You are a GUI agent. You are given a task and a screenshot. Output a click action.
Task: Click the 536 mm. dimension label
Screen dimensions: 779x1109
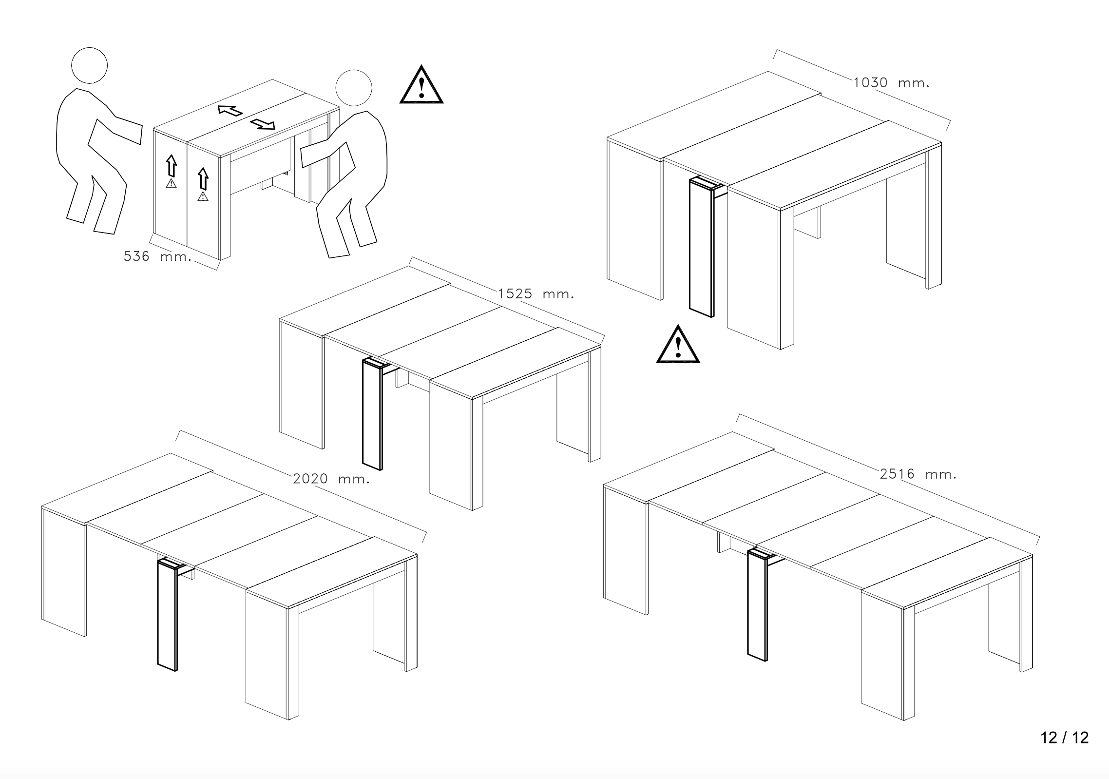pos(157,256)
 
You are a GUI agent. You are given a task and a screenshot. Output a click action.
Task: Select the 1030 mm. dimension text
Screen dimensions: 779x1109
pos(891,83)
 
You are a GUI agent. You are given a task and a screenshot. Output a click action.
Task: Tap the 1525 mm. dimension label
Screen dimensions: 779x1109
pos(535,294)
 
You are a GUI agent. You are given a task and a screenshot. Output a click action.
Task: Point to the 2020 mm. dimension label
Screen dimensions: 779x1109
pos(331,479)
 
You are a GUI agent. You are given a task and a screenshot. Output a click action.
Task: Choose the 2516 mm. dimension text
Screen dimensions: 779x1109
pos(918,474)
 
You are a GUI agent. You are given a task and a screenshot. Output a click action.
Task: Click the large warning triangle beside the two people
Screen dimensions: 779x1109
pos(421,86)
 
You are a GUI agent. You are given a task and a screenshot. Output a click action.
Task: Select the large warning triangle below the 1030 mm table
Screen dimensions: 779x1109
pos(678,346)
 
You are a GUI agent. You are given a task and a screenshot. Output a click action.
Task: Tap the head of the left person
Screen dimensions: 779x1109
pos(89,66)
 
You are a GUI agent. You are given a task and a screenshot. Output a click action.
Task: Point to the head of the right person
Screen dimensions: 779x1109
pos(354,88)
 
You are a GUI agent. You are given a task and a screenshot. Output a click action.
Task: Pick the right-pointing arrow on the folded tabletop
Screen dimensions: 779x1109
pos(263,125)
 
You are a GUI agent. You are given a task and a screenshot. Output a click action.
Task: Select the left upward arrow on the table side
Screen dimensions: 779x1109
pos(171,165)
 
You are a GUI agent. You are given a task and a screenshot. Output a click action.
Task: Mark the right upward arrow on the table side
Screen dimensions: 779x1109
pos(203,178)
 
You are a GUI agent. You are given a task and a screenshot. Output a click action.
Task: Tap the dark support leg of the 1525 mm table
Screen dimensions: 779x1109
pos(373,414)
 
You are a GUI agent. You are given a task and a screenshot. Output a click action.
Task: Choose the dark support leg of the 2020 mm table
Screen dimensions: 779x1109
pos(168,614)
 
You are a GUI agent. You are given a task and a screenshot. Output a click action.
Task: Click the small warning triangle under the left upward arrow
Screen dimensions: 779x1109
pos(171,184)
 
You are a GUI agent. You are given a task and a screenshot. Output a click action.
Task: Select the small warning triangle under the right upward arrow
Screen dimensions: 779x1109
pos(203,196)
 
